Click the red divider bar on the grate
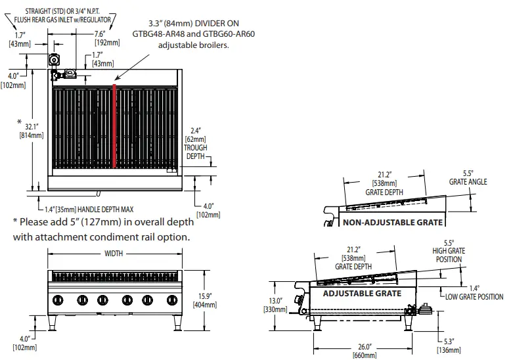pos(115,125)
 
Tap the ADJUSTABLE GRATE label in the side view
pos(361,293)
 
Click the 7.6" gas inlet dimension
pos(100,34)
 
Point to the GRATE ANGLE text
pos(468,182)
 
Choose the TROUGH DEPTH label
pos(196,153)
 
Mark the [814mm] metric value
pos(31,135)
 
